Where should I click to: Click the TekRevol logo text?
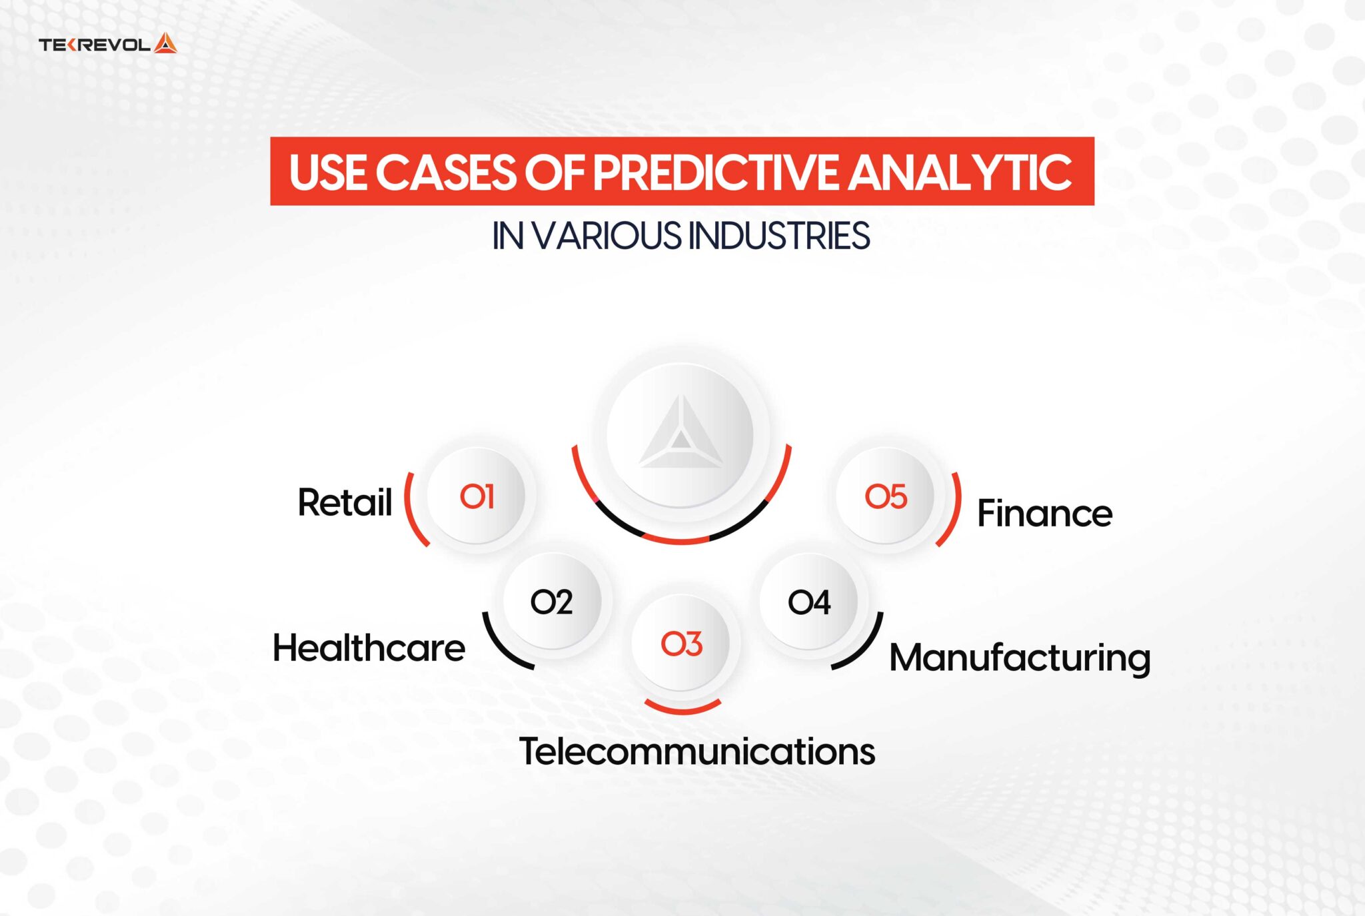[x=95, y=45]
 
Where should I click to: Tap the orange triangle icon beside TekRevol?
[x=165, y=44]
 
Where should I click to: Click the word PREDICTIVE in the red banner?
[x=714, y=173]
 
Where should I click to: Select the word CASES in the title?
[x=445, y=173]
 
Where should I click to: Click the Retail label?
[x=345, y=502]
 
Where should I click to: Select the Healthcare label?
[x=369, y=648]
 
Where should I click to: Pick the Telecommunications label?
[x=696, y=751]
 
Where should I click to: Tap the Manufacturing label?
[x=1019, y=658]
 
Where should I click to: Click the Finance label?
[x=1044, y=514]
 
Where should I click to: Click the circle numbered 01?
[x=477, y=496]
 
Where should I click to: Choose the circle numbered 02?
[x=552, y=602]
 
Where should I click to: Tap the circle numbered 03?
[x=681, y=644]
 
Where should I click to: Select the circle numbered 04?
[x=808, y=602]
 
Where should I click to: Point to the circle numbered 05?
[x=885, y=496]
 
